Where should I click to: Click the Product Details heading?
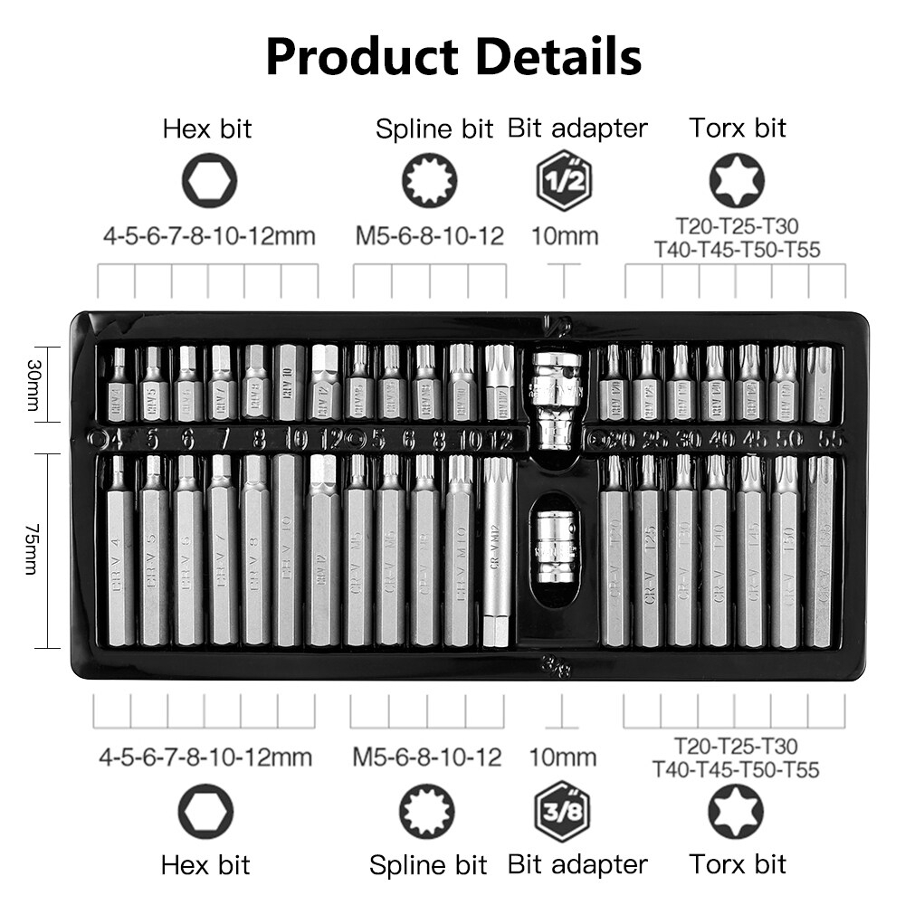453,56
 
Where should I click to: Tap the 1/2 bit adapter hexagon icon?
565,180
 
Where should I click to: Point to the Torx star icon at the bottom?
735,812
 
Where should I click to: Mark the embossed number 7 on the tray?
223,440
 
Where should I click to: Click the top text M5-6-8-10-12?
429,237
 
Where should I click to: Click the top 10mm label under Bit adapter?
565,237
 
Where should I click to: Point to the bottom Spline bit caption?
428,864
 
